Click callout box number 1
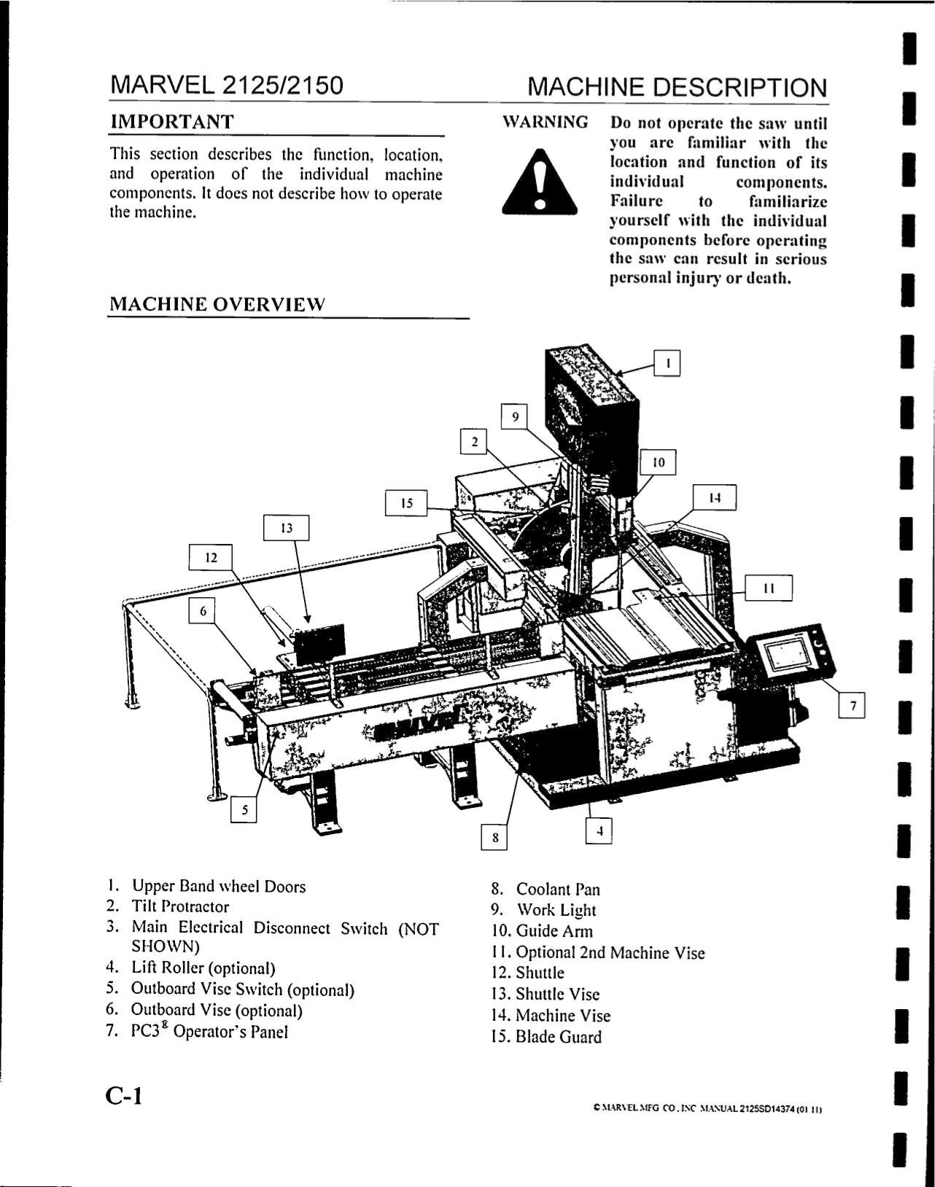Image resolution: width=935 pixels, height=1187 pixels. (x=667, y=362)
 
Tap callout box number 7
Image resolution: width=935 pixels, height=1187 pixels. (x=852, y=705)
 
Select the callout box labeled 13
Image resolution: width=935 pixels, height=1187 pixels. (x=287, y=528)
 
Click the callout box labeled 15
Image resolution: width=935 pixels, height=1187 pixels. (x=407, y=503)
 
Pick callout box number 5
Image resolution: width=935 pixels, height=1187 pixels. (x=244, y=809)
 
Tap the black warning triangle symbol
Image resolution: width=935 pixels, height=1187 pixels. (x=539, y=180)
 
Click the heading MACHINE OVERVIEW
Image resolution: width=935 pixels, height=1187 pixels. (x=217, y=305)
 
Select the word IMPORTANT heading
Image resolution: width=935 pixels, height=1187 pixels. (x=171, y=122)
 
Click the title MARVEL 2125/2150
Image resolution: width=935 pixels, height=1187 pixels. (x=225, y=86)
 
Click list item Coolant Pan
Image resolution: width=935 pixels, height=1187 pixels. (x=557, y=890)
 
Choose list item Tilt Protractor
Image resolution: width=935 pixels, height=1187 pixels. (x=179, y=907)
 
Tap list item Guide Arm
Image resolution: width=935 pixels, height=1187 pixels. (x=554, y=931)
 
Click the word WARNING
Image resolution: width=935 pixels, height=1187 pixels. (x=546, y=122)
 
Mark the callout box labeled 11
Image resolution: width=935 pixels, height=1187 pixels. (x=768, y=588)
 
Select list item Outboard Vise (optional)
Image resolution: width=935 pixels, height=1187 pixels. (x=216, y=1011)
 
